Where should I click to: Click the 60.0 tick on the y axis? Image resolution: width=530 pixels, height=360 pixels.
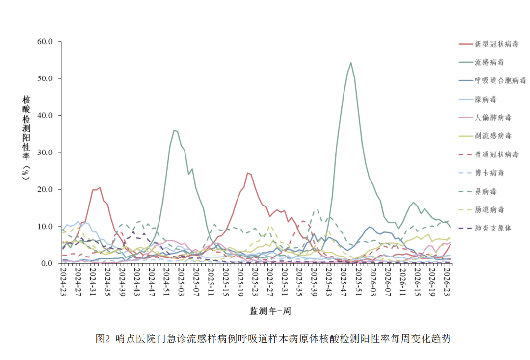[45, 42]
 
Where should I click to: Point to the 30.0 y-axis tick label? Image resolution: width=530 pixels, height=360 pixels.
[45, 153]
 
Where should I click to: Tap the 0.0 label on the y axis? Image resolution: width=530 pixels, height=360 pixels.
[47, 263]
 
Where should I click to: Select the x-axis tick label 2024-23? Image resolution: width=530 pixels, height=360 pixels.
[63, 281]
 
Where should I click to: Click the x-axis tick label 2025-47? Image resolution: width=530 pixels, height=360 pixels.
[343, 281]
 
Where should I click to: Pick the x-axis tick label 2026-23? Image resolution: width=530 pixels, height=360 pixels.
[447, 281]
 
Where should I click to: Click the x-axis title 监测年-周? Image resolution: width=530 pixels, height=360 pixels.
[270, 311]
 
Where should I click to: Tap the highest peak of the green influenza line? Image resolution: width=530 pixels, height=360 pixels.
[351, 62]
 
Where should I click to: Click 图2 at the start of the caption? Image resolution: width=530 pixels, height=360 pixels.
[103, 339]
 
